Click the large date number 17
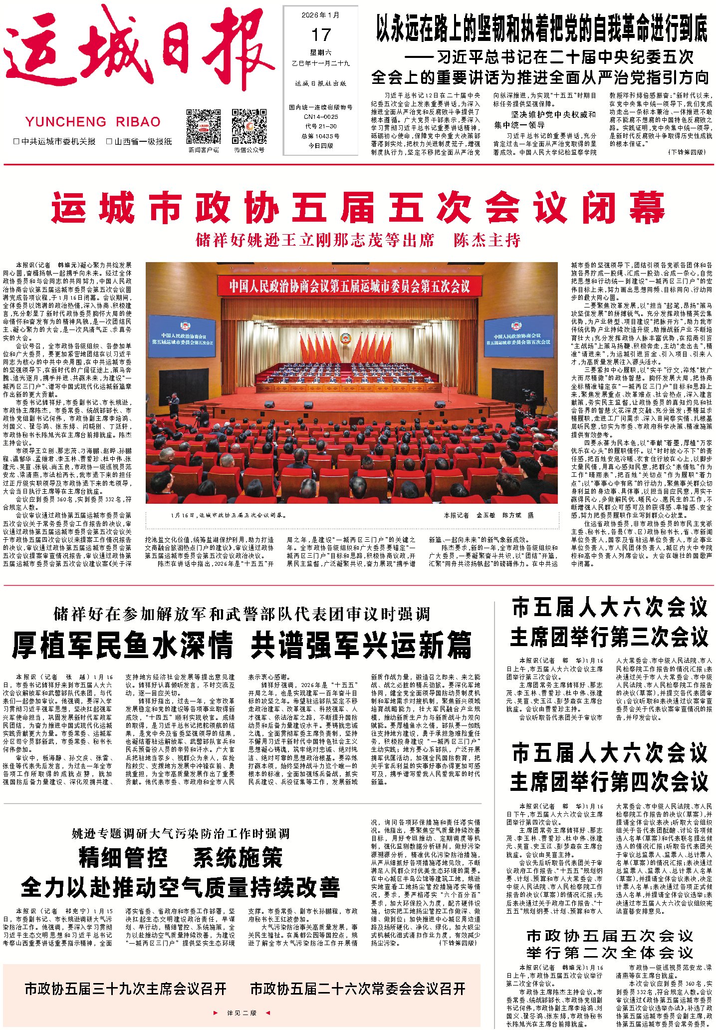[x=321, y=35]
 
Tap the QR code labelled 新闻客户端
[x=203, y=126]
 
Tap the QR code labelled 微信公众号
[x=249, y=126]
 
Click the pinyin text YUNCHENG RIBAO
[x=93, y=122]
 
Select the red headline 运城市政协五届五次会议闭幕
[x=357, y=208]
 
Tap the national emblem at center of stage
[x=345, y=339]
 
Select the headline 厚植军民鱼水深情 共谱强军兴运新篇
[x=241, y=645]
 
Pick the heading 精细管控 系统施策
[x=180, y=858]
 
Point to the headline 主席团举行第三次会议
[x=609, y=637]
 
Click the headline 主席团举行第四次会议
[x=609, y=781]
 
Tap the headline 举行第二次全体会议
[x=609, y=953]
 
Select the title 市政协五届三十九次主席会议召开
[x=126, y=989]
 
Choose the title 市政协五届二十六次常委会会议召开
[x=358, y=989]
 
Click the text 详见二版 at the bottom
[x=241, y=1013]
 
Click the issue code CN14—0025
[x=321, y=117]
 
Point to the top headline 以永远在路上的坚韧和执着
[x=541, y=28]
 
